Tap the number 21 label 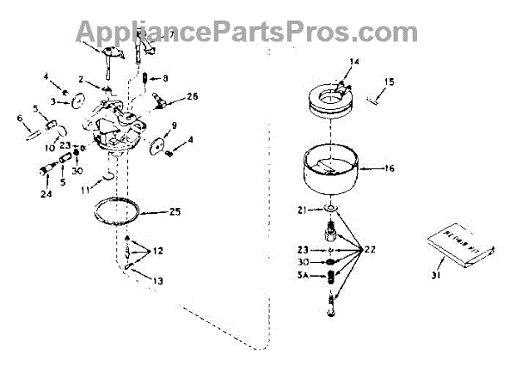pos(302,209)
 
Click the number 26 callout pos(191,96)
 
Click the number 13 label pos(160,281)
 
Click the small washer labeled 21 pos(331,209)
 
